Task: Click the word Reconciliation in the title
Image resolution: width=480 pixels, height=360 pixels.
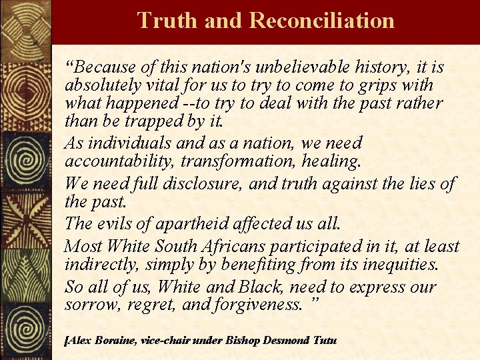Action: [x=321, y=21]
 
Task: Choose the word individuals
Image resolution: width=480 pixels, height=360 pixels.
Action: [x=123, y=143]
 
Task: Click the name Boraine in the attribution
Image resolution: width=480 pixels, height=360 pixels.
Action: [x=115, y=341]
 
